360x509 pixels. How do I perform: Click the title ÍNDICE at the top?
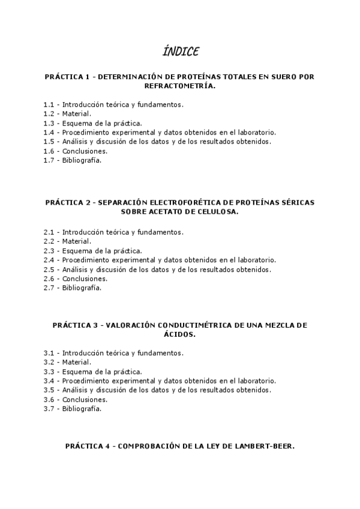click(180, 51)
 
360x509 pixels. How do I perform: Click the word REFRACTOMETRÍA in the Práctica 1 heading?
click(179, 86)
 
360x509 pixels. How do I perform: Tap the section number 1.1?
click(49, 104)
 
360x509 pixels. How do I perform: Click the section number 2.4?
click(49, 260)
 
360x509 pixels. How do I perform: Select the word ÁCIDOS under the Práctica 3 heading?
click(179, 334)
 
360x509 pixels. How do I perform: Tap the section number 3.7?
click(49, 409)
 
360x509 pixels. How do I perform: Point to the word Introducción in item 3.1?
click(84, 352)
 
